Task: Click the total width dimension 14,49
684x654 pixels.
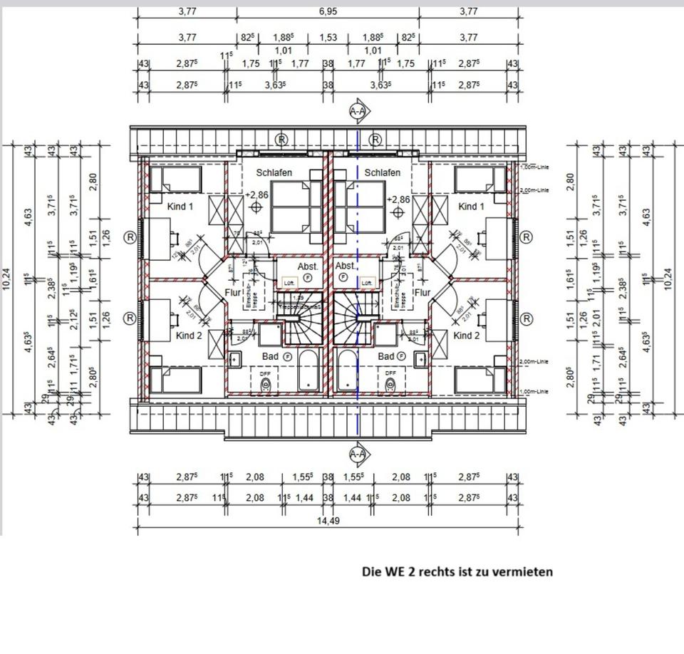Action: [x=327, y=521]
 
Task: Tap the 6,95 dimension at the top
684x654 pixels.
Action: [x=328, y=11]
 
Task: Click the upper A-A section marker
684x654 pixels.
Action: [x=358, y=111]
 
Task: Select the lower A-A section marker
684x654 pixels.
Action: [x=358, y=454]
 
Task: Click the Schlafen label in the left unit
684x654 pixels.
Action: [x=274, y=172]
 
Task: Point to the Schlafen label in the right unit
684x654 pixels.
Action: [x=383, y=172]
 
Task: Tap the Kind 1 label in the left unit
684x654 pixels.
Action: [x=180, y=207]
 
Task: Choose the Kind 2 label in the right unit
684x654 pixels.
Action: [x=467, y=336]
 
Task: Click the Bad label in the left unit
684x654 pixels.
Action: [x=270, y=356]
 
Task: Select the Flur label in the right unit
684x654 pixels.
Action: [x=423, y=293]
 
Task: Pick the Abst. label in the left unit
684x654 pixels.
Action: [x=308, y=266]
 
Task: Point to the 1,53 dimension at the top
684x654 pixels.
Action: [x=328, y=37]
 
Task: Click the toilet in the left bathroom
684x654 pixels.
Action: [x=266, y=385]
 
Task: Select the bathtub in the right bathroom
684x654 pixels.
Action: [x=347, y=370]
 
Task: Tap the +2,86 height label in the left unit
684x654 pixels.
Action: [x=256, y=194]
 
